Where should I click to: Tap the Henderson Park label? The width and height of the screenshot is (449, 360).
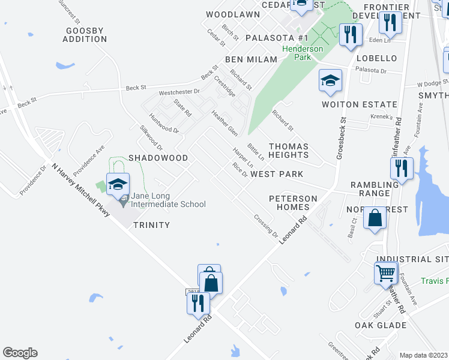click(310, 53)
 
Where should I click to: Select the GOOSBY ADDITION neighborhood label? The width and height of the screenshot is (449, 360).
click(85, 35)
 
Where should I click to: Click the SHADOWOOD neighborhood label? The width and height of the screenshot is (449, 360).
click(158, 158)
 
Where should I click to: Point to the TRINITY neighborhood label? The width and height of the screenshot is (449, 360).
click(151, 225)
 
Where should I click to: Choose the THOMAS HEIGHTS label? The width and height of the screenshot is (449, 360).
click(288, 151)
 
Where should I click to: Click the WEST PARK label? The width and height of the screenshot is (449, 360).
click(277, 174)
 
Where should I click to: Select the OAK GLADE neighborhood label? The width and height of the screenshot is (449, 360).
click(381, 326)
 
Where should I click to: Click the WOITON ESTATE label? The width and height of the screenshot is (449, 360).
click(360, 104)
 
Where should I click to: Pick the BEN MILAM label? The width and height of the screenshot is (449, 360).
click(251, 59)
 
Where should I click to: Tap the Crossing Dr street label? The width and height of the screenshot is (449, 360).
click(266, 226)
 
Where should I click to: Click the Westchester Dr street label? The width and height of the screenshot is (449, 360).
click(179, 93)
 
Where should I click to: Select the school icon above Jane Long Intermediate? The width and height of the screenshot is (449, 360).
click(118, 184)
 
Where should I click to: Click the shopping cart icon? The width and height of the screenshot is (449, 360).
click(385, 273)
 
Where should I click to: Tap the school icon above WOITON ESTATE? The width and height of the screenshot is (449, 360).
click(330, 82)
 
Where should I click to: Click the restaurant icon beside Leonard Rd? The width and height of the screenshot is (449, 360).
click(197, 302)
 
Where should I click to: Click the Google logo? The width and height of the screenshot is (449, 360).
click(20, 353)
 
